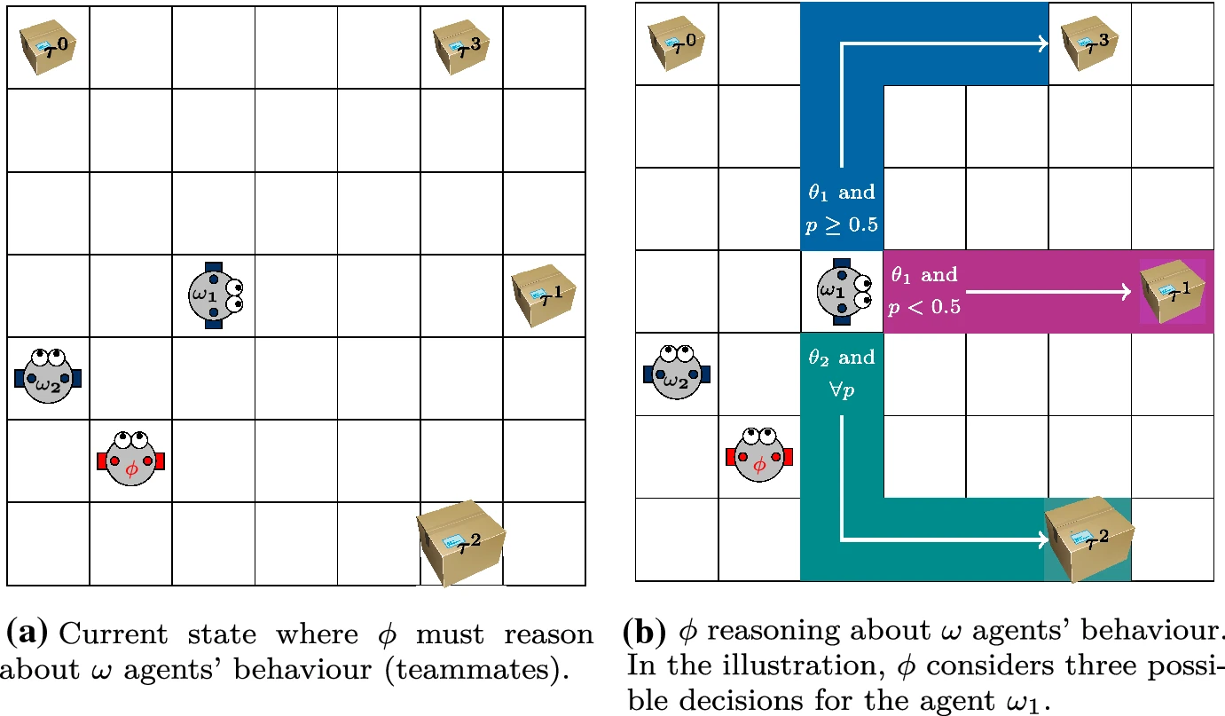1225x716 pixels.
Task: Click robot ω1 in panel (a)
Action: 213,295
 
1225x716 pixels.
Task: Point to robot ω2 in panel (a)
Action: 48,376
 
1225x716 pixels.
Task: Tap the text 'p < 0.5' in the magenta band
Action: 924,307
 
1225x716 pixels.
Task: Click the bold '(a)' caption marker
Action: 27,634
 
